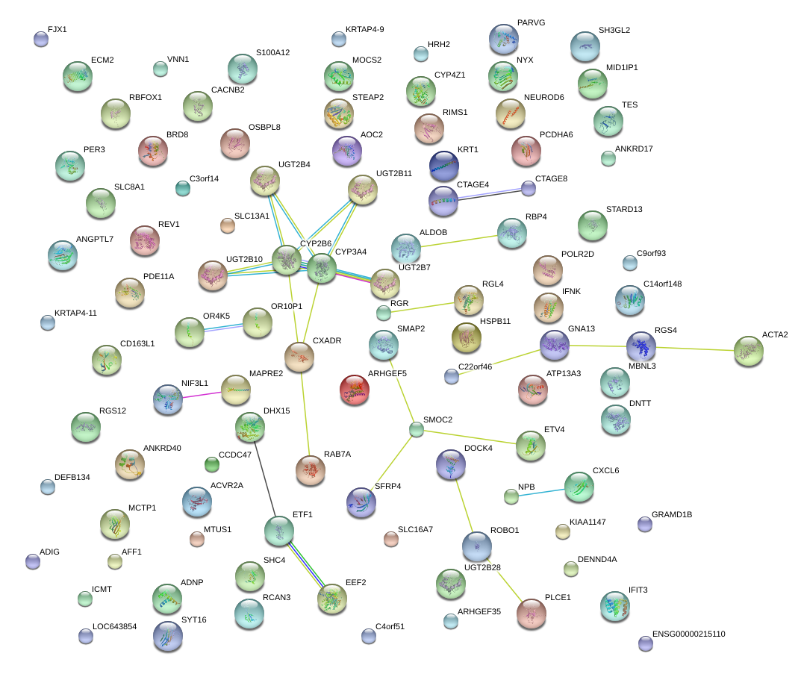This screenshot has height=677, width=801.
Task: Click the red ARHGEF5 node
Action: (x=354, y=390)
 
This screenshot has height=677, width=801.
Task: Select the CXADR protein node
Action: (x=299, y=357)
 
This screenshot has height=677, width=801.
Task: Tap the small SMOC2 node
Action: (x=417, y=429)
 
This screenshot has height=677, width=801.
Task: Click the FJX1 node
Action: (x=41, y=39)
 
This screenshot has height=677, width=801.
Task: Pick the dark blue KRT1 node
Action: (x=443, y=166)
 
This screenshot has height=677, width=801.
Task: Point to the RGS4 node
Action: (x=641, y=346)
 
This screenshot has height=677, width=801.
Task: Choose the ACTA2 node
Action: (x=748, y=351)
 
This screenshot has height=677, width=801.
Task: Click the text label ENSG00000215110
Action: (x=688, y=634)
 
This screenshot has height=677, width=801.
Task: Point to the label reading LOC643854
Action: (x=114, y=627)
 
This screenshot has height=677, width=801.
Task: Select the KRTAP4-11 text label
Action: (x=75, y=313)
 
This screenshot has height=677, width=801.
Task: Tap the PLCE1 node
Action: (x=532, y=613)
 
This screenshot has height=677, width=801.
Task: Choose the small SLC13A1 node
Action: (x=228, y=225)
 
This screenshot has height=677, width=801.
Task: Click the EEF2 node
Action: (x=331, y=598)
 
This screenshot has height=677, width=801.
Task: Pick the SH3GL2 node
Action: (x=585, y=46)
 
